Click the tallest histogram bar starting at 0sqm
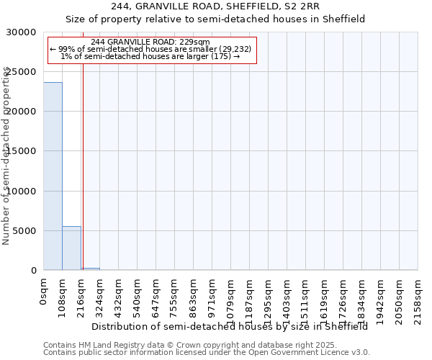tap(53, 176)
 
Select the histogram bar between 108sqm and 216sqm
tap(71, 248)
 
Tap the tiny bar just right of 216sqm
tap(90, 269)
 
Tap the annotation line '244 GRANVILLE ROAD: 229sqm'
tap(150, 42)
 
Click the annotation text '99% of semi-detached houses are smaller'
tap(150, 49)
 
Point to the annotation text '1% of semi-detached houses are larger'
tap(150, 56)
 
